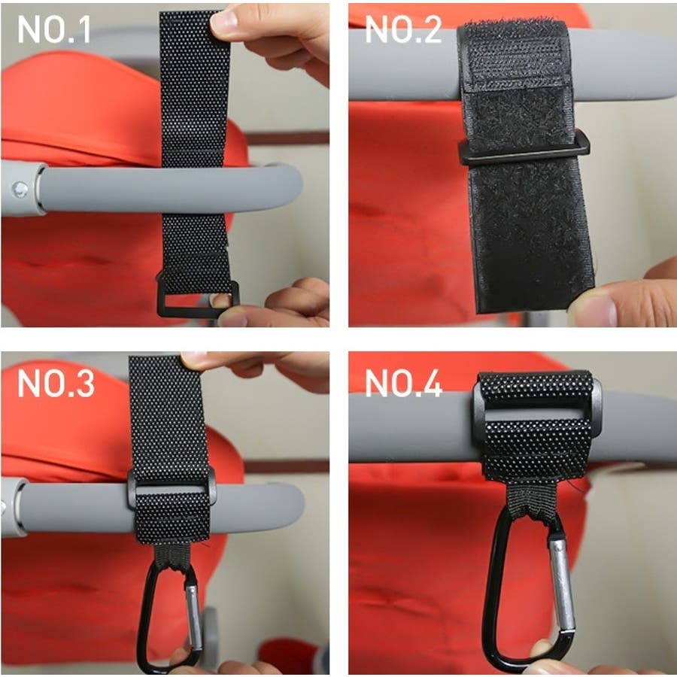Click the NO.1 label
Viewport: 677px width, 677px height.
click(54, 29)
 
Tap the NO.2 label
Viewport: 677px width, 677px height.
click(403, 29)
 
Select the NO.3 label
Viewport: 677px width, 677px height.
click(56, 383)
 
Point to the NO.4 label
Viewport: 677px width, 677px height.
click(404, 383)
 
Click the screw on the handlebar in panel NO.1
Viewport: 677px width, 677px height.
click(20, 189)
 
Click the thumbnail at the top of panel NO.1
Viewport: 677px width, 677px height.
click(224, 21)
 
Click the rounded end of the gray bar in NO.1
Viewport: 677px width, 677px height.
click(290, 189)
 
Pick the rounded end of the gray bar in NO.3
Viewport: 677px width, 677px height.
click(293, 507)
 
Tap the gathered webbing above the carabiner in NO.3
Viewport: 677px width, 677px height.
click(173, 556)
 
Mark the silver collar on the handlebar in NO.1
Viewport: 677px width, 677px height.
click(40, 189)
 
